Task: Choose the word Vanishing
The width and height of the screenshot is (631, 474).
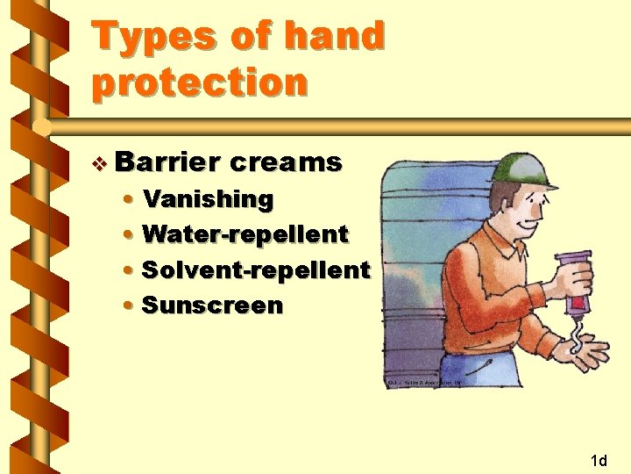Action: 208,199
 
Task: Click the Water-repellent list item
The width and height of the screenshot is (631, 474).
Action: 245,234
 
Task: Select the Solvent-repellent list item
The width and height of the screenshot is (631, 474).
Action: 255,270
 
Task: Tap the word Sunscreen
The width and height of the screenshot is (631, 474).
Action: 212,305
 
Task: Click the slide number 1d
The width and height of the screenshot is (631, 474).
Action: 599,460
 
